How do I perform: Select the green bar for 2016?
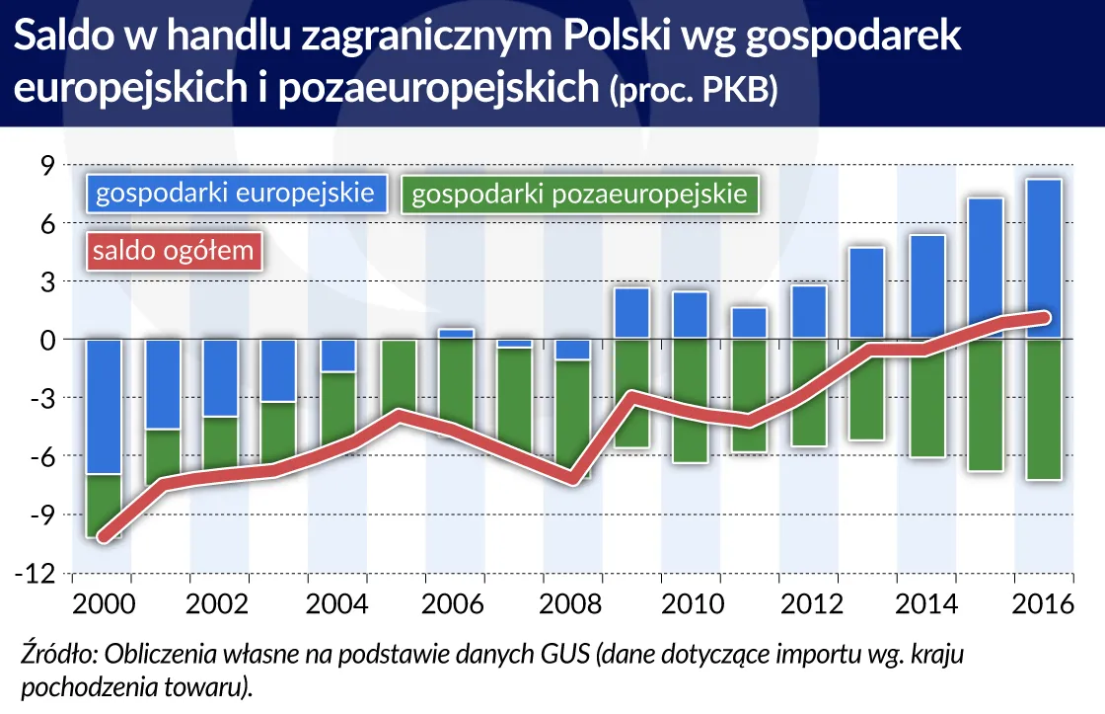1044,415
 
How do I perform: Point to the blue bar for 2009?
631,313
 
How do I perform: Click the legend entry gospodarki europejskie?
235,192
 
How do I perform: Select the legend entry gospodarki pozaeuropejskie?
579,194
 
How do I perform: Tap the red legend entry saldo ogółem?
174,250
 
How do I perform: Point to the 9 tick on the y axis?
48,165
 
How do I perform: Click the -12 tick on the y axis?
39,573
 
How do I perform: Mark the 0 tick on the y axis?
48,340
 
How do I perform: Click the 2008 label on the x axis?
572,602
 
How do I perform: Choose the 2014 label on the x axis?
925,602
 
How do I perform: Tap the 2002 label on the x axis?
218,602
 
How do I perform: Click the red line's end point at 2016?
1045,317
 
